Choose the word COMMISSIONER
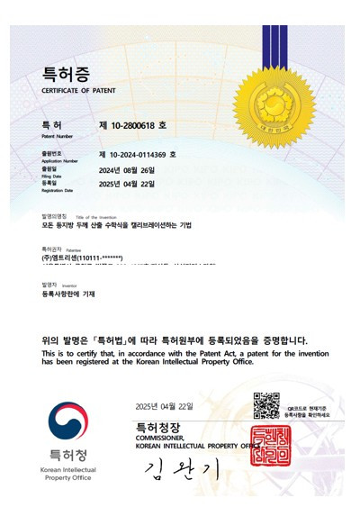[161, 437]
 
